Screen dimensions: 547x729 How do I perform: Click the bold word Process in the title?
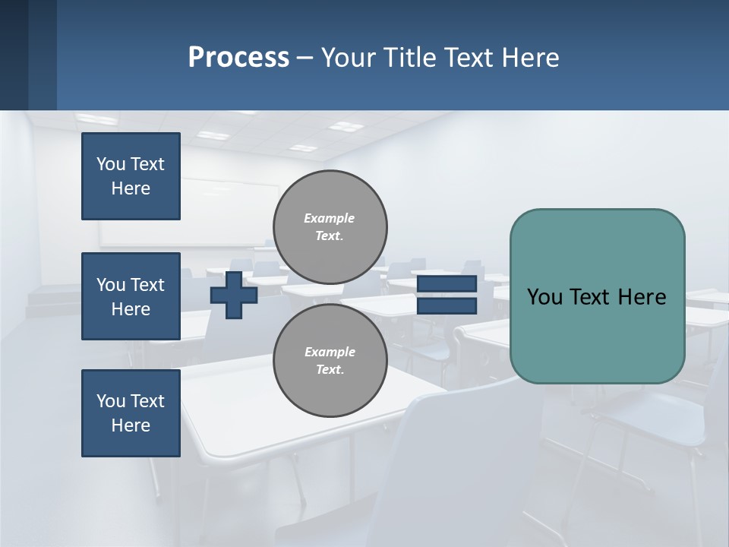click(238, 58)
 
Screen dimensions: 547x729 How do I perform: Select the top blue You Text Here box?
click(131, 176)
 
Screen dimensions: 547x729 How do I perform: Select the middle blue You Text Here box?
click(131, 296)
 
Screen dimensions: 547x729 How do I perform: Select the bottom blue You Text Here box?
click(131, 413)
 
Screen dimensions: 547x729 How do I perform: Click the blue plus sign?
click(234, 295)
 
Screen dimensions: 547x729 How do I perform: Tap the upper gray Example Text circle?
click(330, 227)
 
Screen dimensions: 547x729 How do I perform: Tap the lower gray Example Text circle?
click(330, 361)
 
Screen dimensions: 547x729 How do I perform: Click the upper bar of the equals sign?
click(447, 284)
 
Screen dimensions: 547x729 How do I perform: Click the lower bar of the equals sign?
click(447, 306)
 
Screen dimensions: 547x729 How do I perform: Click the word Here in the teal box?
click(642, 297)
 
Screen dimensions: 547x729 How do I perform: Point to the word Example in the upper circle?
click(330, 218)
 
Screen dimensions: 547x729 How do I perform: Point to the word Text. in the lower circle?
click(330, 370)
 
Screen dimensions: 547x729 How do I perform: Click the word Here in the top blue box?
click(131, 188)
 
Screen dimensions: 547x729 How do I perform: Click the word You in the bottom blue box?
click(111, 401)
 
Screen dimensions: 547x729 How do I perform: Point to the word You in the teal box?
click(544, 297)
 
